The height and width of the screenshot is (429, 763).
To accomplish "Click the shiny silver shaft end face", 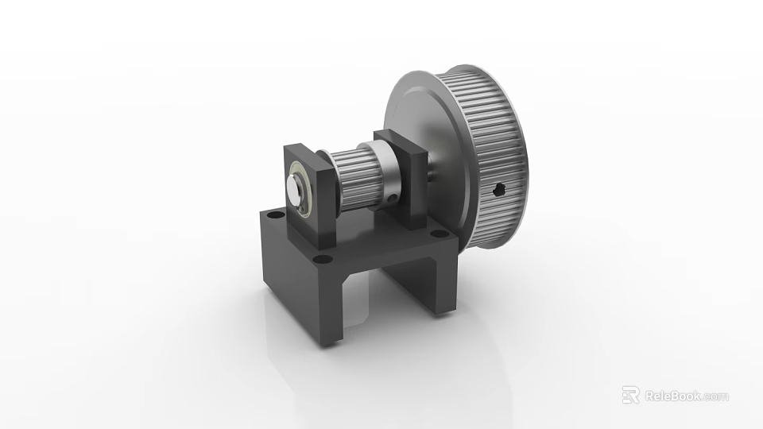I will pos(295,190).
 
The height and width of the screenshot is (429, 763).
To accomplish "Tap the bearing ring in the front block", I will pos(304,189).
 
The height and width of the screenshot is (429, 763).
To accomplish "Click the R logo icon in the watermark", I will pos(630,396).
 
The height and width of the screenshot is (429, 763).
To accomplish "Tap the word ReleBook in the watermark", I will pos(671,396).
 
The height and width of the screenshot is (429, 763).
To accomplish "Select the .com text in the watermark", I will pos(715,396).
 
